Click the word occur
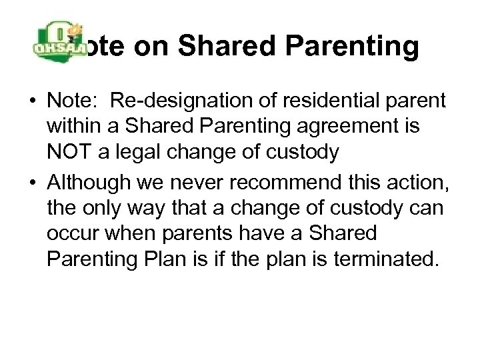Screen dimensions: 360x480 coord(70,233)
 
